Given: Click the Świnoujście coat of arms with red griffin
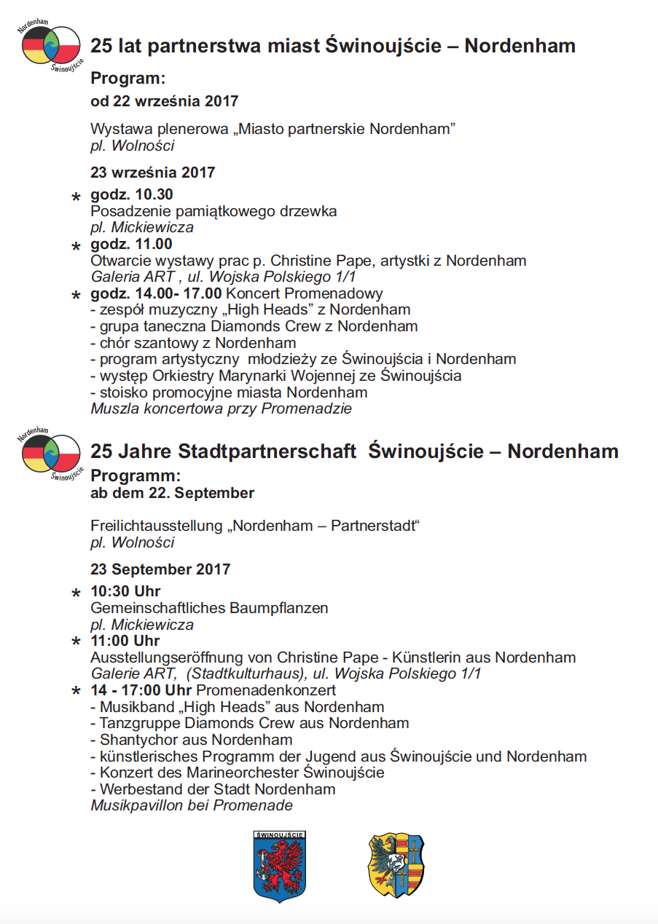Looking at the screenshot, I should (x=280, y=866).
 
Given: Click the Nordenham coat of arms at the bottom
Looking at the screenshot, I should (x=396, y=865).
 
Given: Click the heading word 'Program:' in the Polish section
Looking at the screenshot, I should (x=128, y=79).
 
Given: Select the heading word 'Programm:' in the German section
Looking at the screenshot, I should (x=135, y=475).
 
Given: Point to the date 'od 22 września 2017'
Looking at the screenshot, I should (x=164, y=100).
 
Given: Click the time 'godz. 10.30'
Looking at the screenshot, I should (x=131, y=194).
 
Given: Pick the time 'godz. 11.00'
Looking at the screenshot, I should (x=131, y=244).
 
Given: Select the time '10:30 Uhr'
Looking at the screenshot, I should (x=125, y=591).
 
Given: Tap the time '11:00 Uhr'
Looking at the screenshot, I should (x=125, y=641).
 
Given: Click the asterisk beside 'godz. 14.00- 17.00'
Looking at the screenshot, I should (x=76, y=296).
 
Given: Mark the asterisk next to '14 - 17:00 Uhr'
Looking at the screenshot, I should (x=76, y=692).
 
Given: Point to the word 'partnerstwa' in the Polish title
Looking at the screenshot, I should (x=192, y=46).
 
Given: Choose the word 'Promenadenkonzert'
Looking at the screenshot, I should (x=266, y=690).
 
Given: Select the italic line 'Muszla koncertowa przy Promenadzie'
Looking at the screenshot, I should (x=221, y=408).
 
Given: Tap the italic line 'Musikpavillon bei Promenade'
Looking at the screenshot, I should (x=192, y=805).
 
